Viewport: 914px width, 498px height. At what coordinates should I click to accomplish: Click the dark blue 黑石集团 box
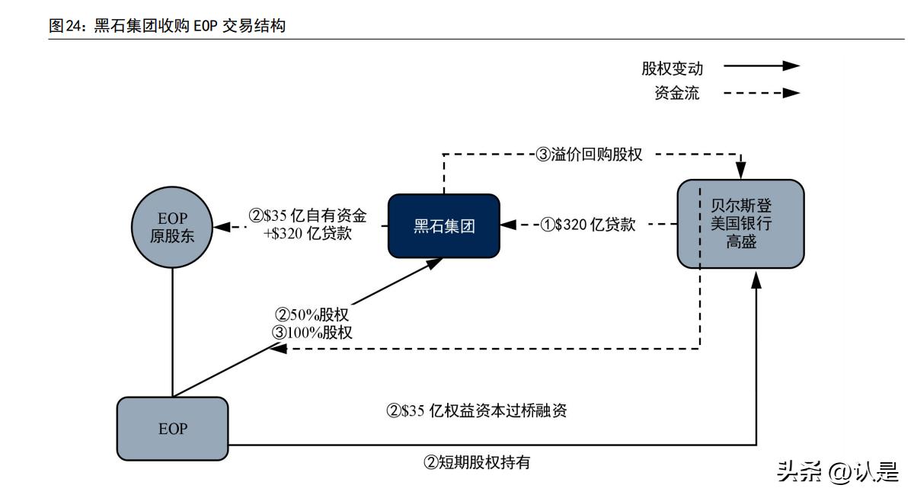pyautogui.click(x=444, y=225)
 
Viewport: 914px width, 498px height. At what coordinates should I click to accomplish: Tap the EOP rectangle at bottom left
pyautogui.click(x=172, y=429)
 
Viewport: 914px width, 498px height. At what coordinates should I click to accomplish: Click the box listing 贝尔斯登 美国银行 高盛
pyautogui.click(x=740, y=224)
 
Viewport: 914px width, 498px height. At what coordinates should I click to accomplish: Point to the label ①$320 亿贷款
pyautogui.click(x=587, y=225)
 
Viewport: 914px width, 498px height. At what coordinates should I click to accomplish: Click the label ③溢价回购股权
pyautogui.click(x=590, y=155)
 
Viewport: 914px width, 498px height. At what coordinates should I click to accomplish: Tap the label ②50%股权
pyautogui.click(x=312, y=314)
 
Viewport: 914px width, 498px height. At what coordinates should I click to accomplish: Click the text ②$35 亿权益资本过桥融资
pyautogui.click(x=477, y=411)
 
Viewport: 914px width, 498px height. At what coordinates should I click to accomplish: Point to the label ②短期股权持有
pyautogui.click(x=476, y=462)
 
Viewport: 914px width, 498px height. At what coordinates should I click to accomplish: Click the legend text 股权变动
pyautogui.click(x=672, y=69)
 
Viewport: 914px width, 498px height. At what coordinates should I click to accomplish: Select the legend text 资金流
pyautogui.click(x=677, y=94)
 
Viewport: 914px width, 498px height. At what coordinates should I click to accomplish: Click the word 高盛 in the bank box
pyautogui.click(x=740, y=244)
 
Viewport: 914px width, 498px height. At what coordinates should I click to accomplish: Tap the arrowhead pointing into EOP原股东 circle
pyautogui.click(x=221, y=226)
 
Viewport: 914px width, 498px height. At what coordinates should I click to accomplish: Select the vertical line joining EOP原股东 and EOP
pyautogui.click(x=172, y=331)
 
